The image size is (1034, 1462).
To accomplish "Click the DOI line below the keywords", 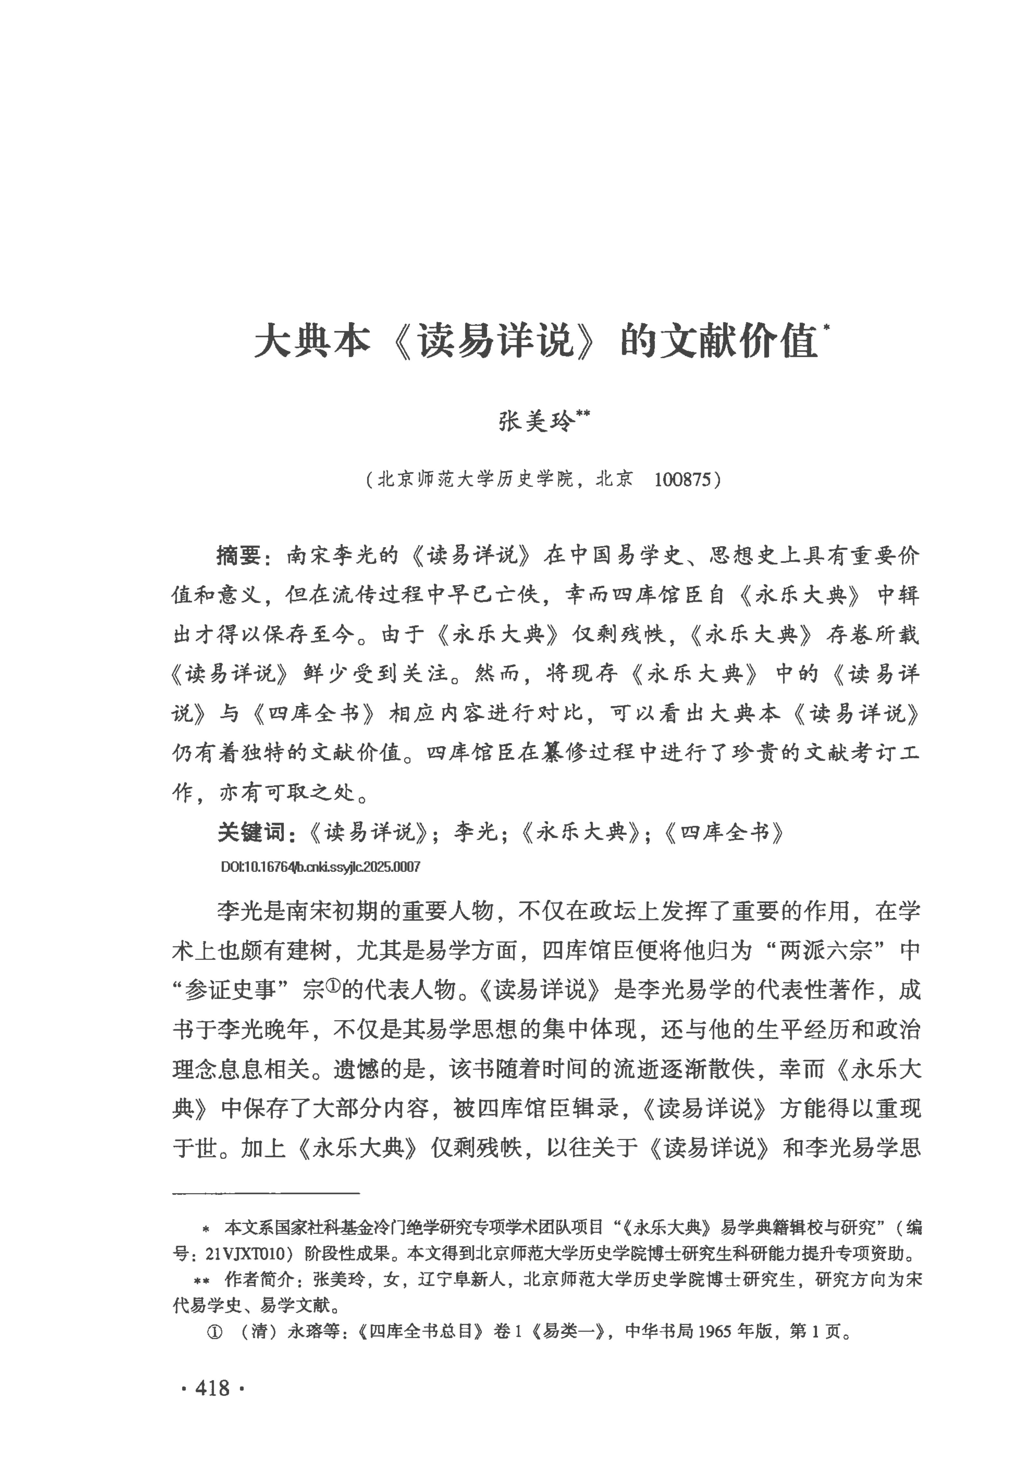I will (320, 867).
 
